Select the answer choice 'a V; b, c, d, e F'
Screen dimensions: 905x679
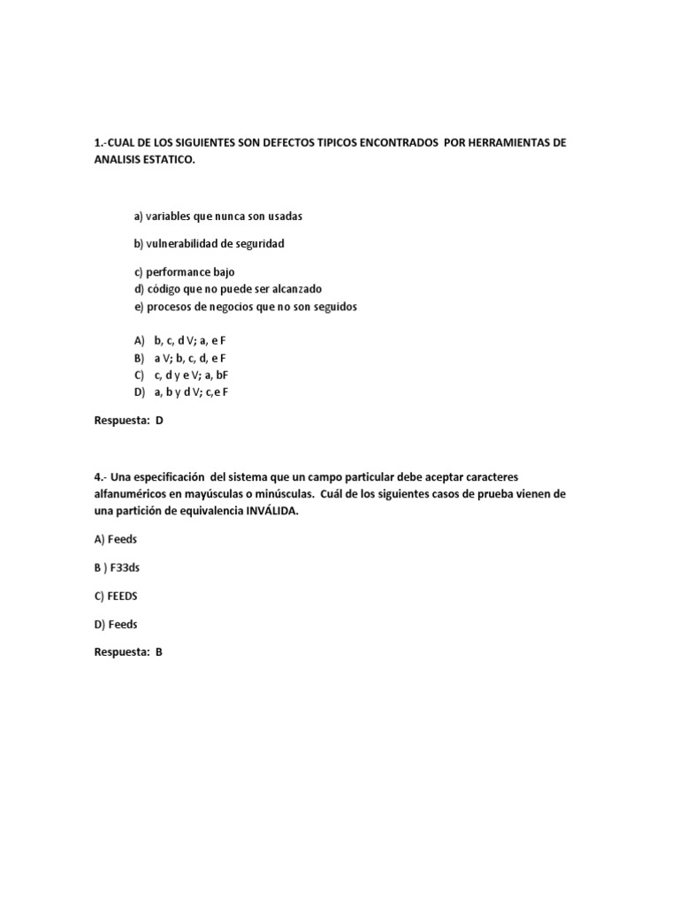point(190,357)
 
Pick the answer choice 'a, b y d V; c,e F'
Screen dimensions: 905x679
point(196,392)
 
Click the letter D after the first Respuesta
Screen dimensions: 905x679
point(159,421)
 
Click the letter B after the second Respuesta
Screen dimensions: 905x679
point(159,652)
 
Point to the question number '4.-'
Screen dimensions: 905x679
point(101,477)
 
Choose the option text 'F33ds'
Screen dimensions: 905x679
point(125,567)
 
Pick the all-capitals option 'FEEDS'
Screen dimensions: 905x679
point(121,596)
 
